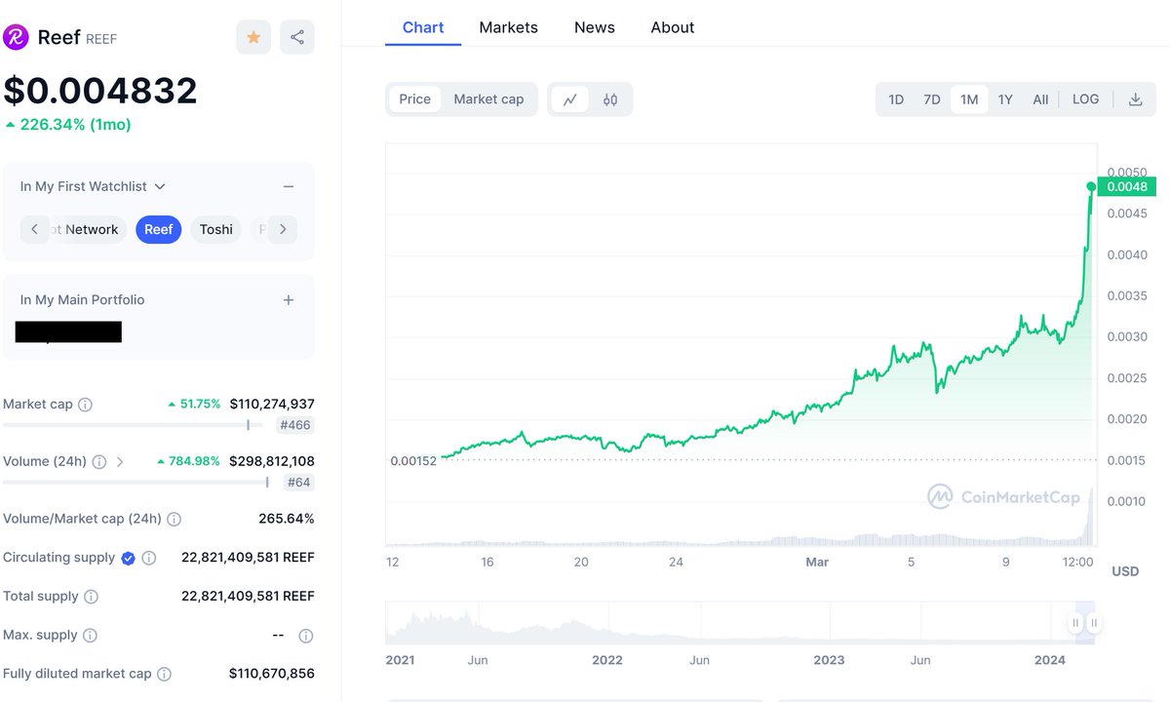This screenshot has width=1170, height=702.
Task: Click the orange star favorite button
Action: point(253,37)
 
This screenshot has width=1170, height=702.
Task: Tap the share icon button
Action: point(297,37)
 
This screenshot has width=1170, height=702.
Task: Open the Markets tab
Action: point(508,27)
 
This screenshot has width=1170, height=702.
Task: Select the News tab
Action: point(594,27)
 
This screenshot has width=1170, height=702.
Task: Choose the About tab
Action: point(673,27)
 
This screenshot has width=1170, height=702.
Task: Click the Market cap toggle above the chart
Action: point(488,98)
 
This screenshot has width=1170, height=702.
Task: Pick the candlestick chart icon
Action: point(610,98)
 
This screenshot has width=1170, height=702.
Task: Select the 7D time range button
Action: point(932,98)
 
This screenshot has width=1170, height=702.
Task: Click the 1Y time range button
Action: point(1005,98)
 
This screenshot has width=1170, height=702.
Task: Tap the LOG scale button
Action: point(1085,98)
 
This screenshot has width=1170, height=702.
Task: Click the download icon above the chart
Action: point(1135,98)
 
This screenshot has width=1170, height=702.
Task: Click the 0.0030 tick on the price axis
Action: point(1126,336)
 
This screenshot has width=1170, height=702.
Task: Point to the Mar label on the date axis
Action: point(817,562)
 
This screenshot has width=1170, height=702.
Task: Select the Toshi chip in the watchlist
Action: point(215,229)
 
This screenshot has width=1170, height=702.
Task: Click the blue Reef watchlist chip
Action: point(158,229)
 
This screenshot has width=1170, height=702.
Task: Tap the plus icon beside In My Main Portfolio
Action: point(289,299)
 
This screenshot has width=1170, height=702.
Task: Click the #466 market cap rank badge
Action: point(295,425)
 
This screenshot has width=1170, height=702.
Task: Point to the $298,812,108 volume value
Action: point(272,460)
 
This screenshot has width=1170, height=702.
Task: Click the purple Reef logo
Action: point(16,37)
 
